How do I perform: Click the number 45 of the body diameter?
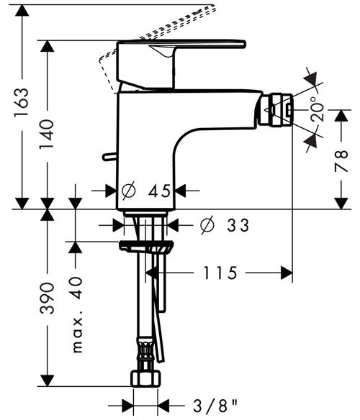point(159,191)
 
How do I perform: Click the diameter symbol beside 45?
point(129,191)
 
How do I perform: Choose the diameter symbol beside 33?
point(205,226)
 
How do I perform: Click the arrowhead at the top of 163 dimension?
point(22,7)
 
